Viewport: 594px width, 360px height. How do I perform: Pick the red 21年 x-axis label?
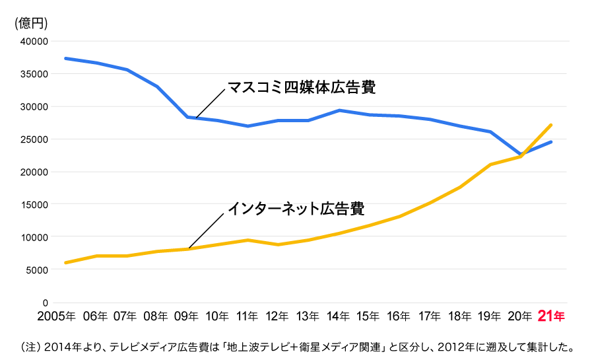point(550,316)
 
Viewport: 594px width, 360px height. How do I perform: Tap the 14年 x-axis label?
point(338,316)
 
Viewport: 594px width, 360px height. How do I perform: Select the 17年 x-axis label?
point(429,316)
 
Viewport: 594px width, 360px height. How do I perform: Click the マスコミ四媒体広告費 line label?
point(306,87)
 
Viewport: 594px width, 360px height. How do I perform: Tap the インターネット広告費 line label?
point(296,208)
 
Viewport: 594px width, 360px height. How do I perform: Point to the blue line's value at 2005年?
point(65,58)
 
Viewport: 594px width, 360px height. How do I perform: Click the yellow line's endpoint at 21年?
point(550,125)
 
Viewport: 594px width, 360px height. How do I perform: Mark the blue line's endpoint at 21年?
point(550,142)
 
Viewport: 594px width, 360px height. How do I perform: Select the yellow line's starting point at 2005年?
point(65,263)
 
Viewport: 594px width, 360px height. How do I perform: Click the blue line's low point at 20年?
point(520,155)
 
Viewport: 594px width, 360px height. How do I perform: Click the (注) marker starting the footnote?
point(31,346)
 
